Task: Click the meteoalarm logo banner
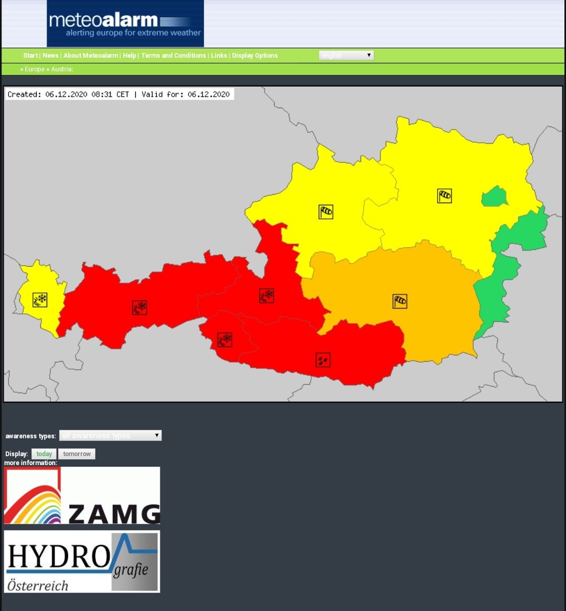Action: pyautogui.click(x=125, y=24)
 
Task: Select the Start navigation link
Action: pyautogui.click(x=30, y=56)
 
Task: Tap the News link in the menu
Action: pyautogui.click(x=50, y=56)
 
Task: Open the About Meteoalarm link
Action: pyautogui.click(x=91, y=56)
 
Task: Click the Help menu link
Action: pyautogui.click(x=129, y=56)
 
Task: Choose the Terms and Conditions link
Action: pyautogui.click(x=173, y=56)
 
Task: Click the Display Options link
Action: pyautogui.click(x=255, y=56)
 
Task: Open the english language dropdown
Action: pyautogui.click(x=346, y=55)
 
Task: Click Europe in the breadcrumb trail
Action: pyautogui.click(x=35, y=69)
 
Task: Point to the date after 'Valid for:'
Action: pyautogui.click(x=209, y=94)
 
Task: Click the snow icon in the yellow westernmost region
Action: pyautogui.click(x=40, y=300)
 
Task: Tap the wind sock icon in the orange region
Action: pyautogui.click(x=400, y=301)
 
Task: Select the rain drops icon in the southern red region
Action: pyautogui.click(x=323, y=360)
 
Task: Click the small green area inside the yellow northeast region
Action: pyautogui.click(x=495, y=197)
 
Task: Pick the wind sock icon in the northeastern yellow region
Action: pyautogui.click(x=444, y=196)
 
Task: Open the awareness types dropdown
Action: pyautogui.click(x=110, y=436)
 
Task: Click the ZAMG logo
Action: pyautogui.click(x=82, y=496)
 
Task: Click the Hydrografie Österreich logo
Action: pyautogui.click(x=82, y=562)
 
